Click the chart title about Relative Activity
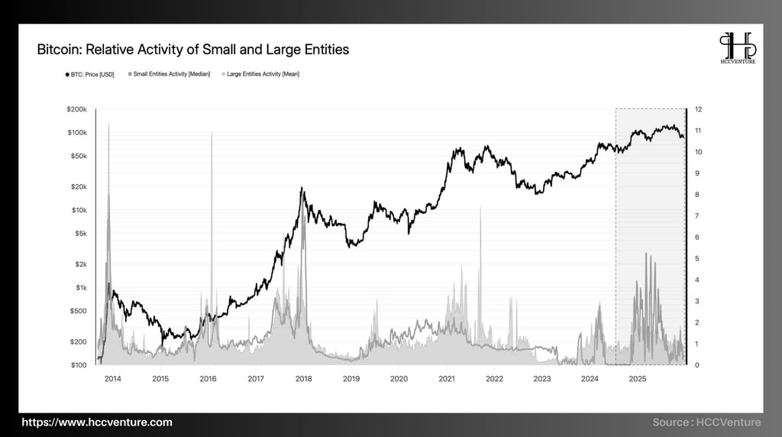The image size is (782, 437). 192,50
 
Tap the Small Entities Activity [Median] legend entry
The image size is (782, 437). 172,74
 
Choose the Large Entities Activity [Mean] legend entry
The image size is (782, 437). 260,74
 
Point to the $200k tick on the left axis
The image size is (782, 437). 79,109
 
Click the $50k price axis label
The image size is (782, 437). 81,156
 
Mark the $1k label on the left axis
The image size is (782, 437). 82,287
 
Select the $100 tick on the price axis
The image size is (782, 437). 81,365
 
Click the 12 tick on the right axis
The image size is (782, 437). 699,109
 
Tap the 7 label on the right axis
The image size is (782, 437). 697,215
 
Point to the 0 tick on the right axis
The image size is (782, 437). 697,365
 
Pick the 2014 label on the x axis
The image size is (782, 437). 112,378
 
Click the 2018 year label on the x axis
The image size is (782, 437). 303,378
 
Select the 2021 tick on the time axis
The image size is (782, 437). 447,378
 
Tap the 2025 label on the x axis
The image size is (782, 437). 638,378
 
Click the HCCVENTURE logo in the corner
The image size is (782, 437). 738,47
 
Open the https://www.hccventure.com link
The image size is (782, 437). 97,422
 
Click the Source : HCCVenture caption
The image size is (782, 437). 707,422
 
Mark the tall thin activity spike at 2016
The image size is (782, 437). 212,138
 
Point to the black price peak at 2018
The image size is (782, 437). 302,188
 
